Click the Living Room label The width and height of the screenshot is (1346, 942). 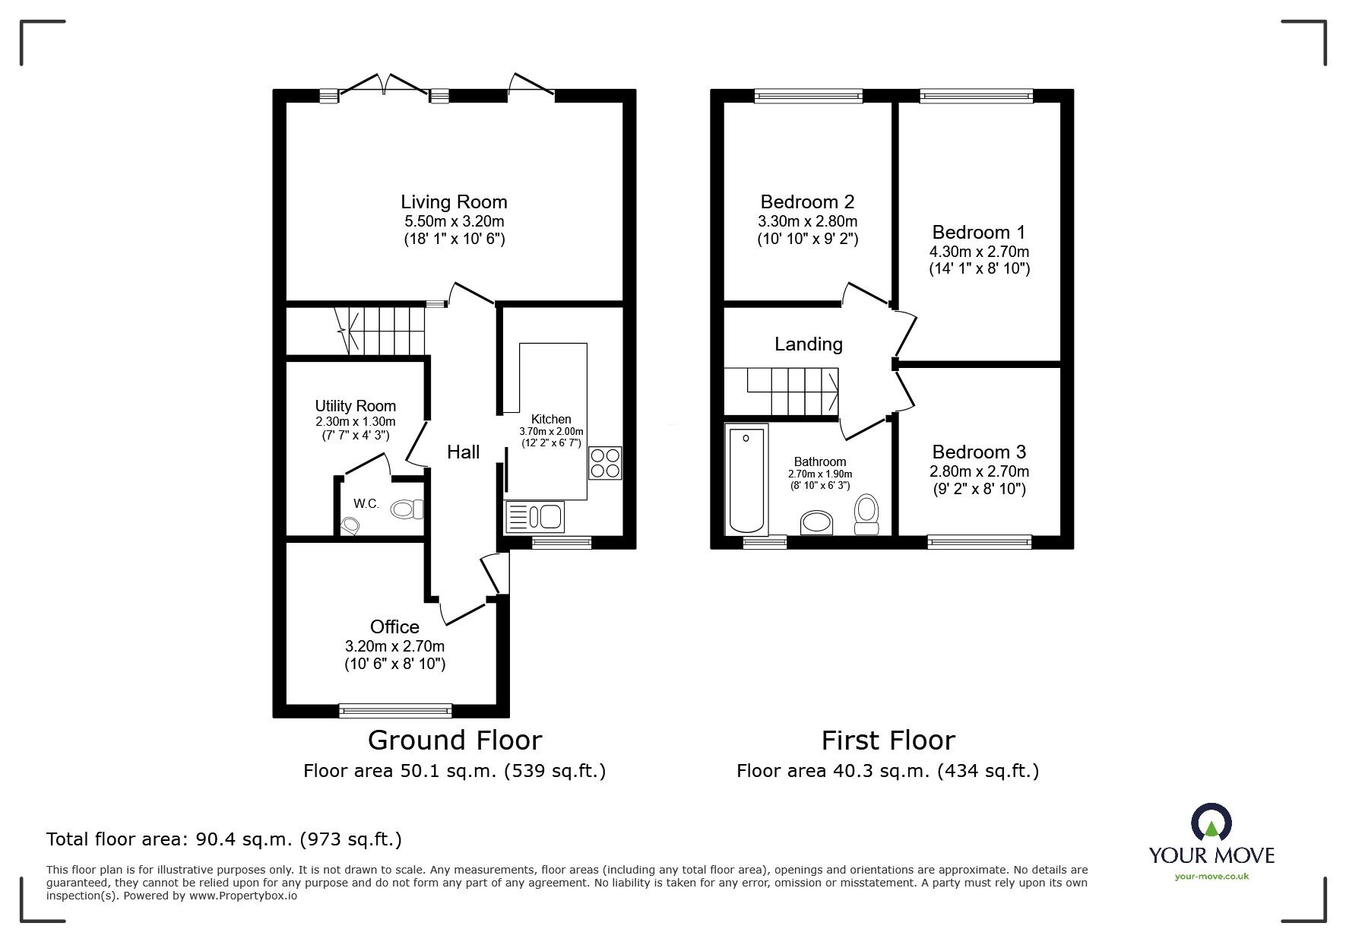click(454, 202)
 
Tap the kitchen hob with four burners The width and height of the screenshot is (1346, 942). click(605, 462)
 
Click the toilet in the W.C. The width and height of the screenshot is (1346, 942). click(407, 509)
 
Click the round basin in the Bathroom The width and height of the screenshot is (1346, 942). click(816, 524)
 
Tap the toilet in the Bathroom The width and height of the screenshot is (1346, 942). click(866, 514)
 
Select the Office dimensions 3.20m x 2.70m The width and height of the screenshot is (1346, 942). click(394, 646)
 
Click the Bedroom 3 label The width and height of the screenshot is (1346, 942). click(979, 452)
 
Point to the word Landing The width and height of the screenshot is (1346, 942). click(808, 344)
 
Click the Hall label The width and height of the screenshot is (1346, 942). click(463, 452)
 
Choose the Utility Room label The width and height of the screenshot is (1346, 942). click(355, 406)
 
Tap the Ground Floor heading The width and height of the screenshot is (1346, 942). click(454, 740)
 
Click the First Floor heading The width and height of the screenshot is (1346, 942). click(888, 740)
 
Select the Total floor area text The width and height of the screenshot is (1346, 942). click(224, 839)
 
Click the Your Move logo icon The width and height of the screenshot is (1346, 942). click(1211, 823)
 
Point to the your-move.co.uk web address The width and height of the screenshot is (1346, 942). click(1211, 876)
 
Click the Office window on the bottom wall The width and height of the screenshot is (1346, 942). click(395, 711)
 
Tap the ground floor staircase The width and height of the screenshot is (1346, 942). click(380, 331)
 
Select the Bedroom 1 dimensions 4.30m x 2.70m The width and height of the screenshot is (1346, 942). click(979, 252)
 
